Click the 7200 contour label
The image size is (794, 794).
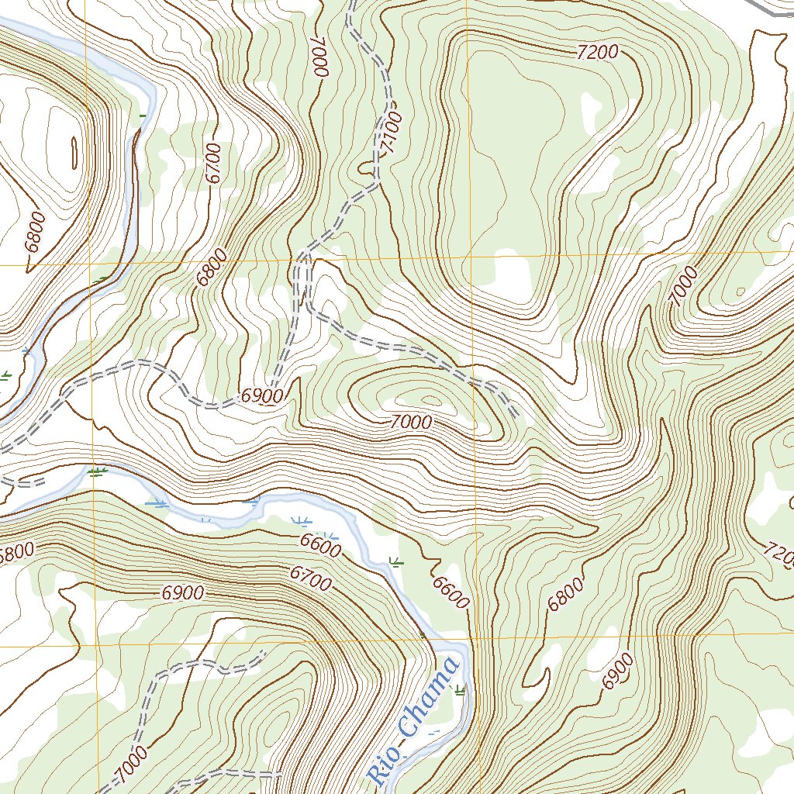[x=598, y=53]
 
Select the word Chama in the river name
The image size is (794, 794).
[x=427, y=694]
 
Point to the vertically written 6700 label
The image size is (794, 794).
[x=215, y=163]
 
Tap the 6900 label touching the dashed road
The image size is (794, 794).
[x=261, y=395]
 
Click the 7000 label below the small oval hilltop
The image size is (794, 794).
[x=410, y=423]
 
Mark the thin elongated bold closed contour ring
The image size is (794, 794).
[x=74, y=153]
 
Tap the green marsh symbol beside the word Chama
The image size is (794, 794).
[x=461, y=689]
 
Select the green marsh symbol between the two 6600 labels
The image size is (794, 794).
[x=396, y=562]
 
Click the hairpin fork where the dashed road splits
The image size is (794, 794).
[x=303, y=256]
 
